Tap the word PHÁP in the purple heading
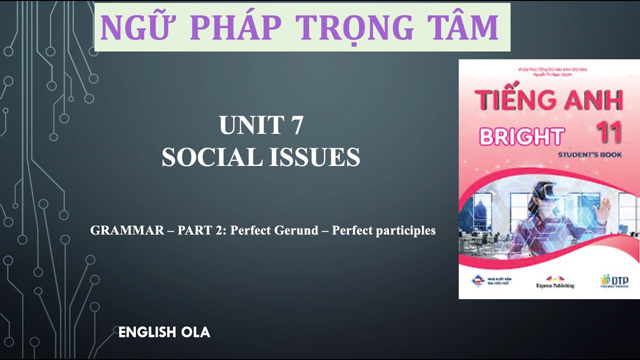(x=234, y=27)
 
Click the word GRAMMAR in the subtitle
(x=127, y=230)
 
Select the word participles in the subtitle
(x=406, y=230)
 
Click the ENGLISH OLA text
(x=164, y=332)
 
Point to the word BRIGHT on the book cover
(x=521, y=136)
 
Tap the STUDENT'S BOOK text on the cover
(x=590, y=155)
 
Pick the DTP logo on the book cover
(x=614, y=280)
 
